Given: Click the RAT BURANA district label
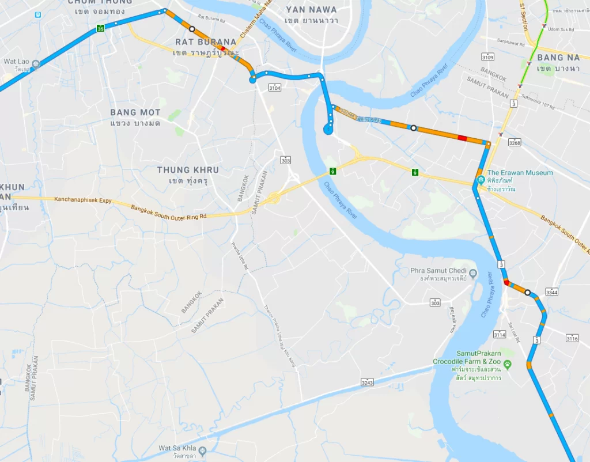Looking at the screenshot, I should [x=206, y=42].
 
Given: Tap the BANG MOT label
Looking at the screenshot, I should [x=135, y=112].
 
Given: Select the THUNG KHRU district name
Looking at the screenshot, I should [x=188, y=170].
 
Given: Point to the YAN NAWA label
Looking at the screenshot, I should [x=311, y=10].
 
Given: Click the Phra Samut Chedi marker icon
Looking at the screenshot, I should [x=473, y=273].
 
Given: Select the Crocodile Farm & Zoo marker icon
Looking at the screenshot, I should [x=507, y=364].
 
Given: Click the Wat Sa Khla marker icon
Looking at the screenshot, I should [x=202, y=450].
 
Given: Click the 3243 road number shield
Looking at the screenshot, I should [x=367, y=383].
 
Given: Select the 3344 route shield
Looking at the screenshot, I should [x=552, y=292].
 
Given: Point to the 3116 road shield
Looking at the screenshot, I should [x=572, y=338].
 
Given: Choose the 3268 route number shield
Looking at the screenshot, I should [x=515, y=143].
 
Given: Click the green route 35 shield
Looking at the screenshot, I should [x=101, y=28].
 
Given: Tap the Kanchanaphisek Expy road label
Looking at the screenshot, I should [x=82, y=201].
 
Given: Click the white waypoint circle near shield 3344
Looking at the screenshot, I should [x=527, y=293].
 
